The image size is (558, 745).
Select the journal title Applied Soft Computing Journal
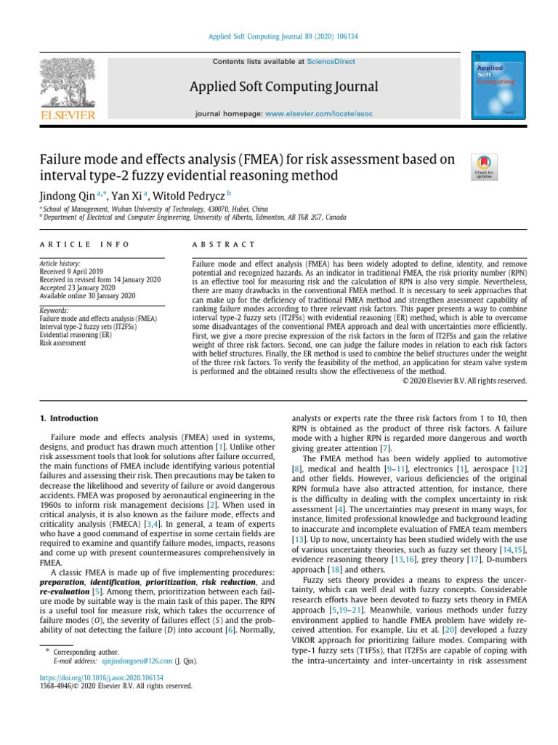tap(283, 87)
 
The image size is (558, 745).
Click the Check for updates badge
tap(484, 167)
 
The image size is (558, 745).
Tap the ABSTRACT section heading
tap(224, 244)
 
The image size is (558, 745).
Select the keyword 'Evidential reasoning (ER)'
tap(76, 335)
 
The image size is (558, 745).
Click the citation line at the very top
tap(278, 36)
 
